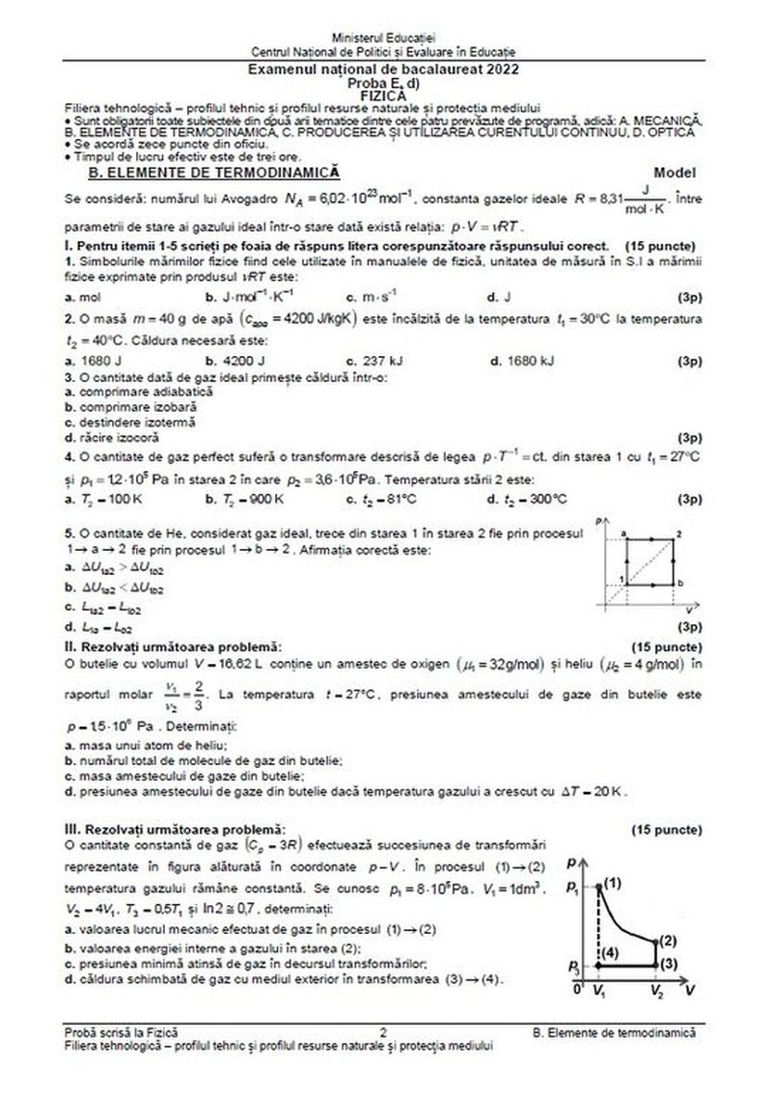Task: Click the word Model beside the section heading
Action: pos(674,172)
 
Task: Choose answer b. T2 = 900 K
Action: pos(245,499)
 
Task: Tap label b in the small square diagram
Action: pos(681,584)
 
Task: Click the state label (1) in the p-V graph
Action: pos(613,883)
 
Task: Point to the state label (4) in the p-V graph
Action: pos(615,954)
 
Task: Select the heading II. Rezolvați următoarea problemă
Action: pos(173,644)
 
